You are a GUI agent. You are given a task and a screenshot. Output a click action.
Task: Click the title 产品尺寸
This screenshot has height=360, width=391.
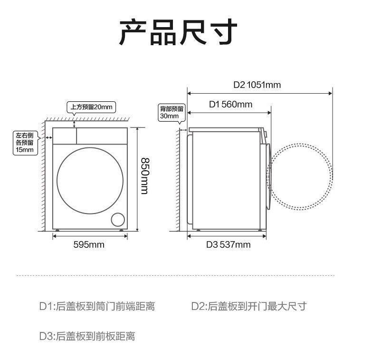click(x=178, y=33)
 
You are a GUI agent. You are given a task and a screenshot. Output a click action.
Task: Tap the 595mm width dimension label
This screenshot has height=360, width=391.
click(x=89, y=245)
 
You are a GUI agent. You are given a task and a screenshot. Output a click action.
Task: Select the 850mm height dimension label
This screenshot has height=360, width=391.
click(x=144, y=175)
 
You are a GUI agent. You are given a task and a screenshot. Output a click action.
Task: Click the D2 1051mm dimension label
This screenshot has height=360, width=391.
click(x=257, y=85)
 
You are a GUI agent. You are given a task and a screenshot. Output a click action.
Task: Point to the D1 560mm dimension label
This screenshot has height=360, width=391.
click(x=231, y=104)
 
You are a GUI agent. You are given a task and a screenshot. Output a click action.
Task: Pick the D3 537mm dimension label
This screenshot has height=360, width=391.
click(x=228, y=245)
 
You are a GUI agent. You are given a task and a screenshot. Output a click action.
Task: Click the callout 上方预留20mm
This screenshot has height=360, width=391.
click(x=91, y=107)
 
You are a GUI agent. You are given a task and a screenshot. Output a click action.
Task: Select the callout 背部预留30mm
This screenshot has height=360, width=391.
click(x=170, y=112)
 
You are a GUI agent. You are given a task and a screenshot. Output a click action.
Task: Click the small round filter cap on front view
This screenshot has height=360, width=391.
click(x=117, y=219)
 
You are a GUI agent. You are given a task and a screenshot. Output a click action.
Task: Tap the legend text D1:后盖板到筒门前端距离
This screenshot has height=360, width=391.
click(x=97, y=306)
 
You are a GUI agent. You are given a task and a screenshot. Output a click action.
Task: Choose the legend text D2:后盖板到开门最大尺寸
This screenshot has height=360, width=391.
click(x=248, y=306)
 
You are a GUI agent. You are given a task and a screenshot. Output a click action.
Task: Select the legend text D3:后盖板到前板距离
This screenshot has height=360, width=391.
click(x=87, y=336)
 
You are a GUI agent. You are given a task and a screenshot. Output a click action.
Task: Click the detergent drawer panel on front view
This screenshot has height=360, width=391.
click(x=65, y=136)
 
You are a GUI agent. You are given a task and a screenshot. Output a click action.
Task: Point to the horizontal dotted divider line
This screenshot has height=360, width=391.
click(x=175, y=275)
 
